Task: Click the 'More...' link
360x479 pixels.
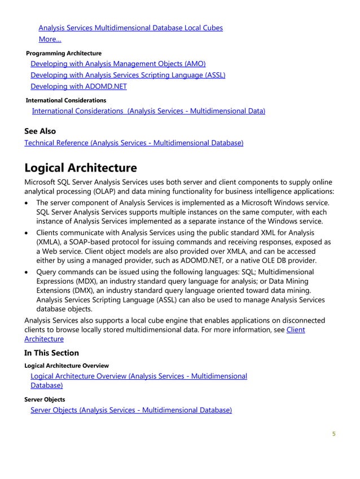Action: (50, 39)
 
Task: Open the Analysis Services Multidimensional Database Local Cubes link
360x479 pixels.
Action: (130, 28)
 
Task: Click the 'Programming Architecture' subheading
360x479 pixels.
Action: (64, 53)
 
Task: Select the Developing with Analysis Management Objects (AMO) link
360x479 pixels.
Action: (118, 64)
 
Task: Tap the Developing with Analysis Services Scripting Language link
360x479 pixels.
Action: (128, 75)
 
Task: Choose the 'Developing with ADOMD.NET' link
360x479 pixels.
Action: (78, 86)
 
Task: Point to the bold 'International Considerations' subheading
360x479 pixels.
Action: (66, 100)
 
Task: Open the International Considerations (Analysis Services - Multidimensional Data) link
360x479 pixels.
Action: (148, 111)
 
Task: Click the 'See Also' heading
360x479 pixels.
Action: (40, 131)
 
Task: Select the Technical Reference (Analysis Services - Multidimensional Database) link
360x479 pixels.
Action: (134, 143)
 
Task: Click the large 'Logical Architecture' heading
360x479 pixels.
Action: (81, 168)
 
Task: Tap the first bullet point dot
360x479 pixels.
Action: (28, 203)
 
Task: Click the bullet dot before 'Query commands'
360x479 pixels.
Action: (28, 272)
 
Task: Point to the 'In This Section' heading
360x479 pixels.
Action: (51, 353)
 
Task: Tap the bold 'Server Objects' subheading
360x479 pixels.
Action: (48, 399)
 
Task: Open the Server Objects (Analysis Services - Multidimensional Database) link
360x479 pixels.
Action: (131, 410)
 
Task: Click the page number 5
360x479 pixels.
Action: (333, 434)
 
